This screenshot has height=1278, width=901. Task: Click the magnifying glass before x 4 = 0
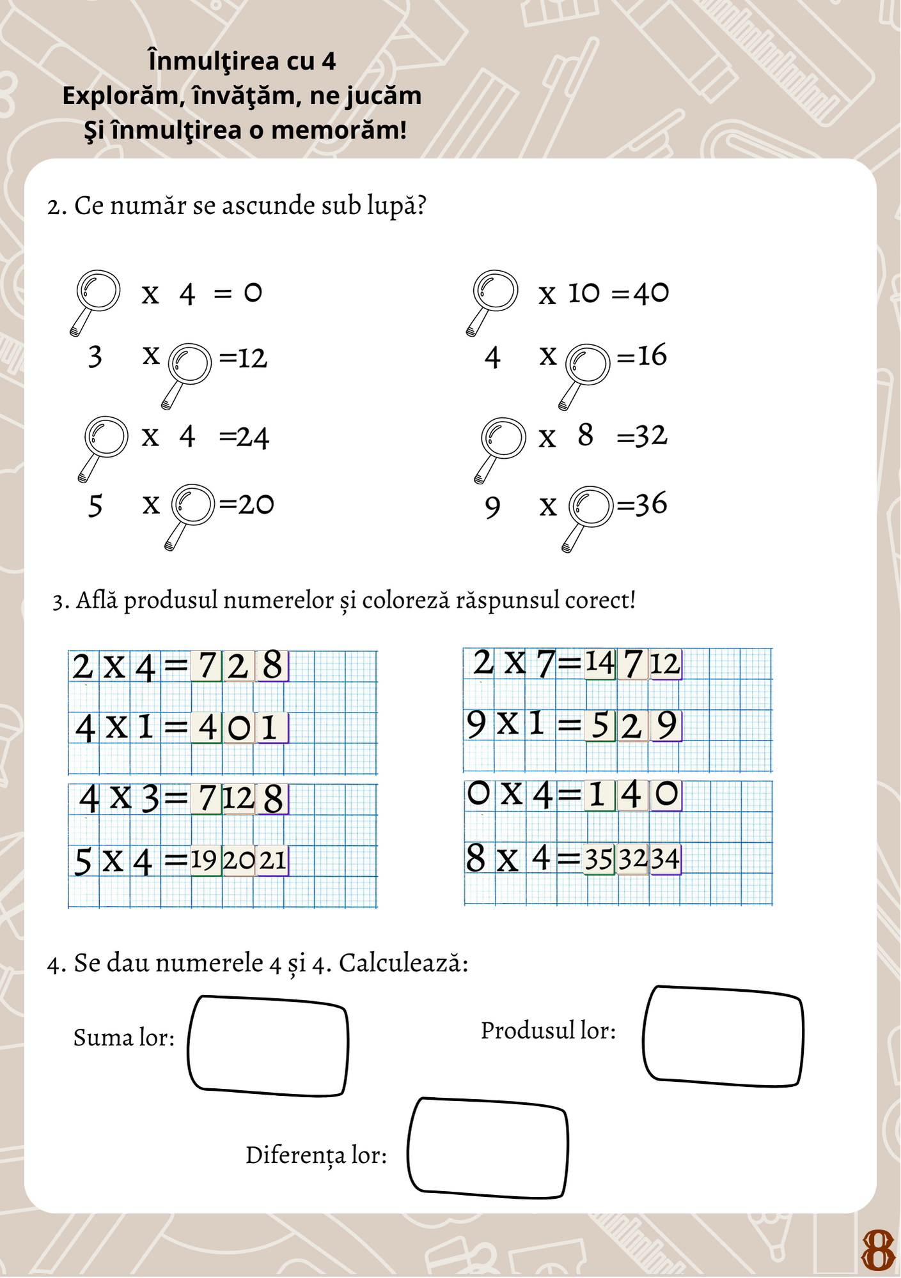pyautogui.click(x=98, y=292)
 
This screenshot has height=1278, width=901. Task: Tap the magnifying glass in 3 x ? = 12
pyautogui.click(x=189, y=365)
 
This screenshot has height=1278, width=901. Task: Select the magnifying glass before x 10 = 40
pyautogui.click(x=495, y=292)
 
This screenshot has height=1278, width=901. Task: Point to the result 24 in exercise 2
pyautogui.click(x=253, y=438)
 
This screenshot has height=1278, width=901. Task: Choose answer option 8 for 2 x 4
pyautogui.click(x=272, y=666)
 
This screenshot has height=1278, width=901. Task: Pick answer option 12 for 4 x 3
pyautogui.click(x=239, y=799)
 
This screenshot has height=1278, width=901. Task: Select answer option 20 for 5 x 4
pyautogui.click(x=239, y=860)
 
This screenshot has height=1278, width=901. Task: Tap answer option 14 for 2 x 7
pyautogui.click(x=600, y=663)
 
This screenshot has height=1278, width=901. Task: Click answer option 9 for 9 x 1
pyautogui.click(x=666, y=725)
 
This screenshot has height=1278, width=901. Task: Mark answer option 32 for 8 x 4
pyautogui.click(x=632, y=858)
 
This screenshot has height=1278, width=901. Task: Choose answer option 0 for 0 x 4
pyautogui.click(x=666, y=794)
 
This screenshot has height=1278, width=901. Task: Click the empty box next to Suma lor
pyautogui.click(x=268, y=1046)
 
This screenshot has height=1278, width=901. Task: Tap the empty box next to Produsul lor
pyautogui.click(x=723, y=1036)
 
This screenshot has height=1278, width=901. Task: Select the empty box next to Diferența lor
pyautogui.click(x=487, y=1148)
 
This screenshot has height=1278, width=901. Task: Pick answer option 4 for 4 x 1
pyautogui.click(x=207, y=728)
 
